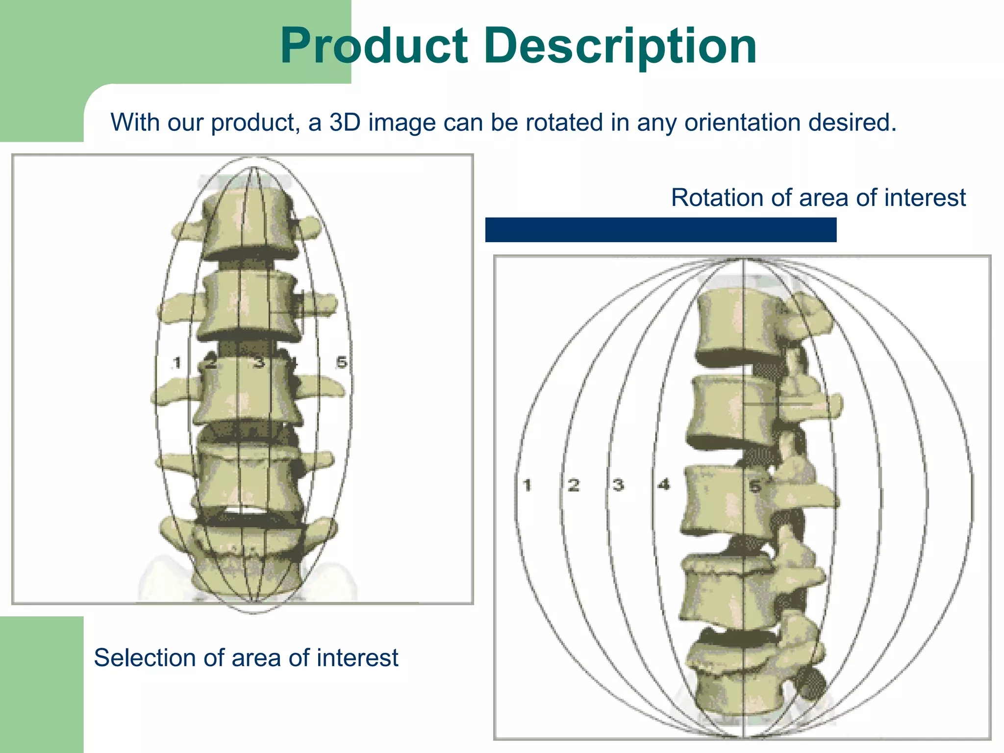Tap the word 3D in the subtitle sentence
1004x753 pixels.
(345, 122)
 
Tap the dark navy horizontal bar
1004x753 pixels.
(660, 230)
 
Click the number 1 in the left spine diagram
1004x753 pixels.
(177, 363)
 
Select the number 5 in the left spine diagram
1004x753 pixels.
(342, 362)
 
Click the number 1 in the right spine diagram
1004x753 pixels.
(527, 485)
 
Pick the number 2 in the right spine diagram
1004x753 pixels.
(574, 485)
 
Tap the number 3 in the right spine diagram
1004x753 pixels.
(618, 485)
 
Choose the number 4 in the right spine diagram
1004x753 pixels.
(664, 485)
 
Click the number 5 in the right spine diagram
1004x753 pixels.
(755, 486)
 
